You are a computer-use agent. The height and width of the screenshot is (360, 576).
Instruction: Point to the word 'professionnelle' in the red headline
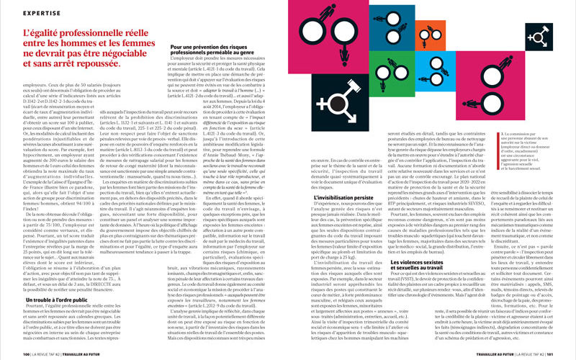[81, 32]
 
